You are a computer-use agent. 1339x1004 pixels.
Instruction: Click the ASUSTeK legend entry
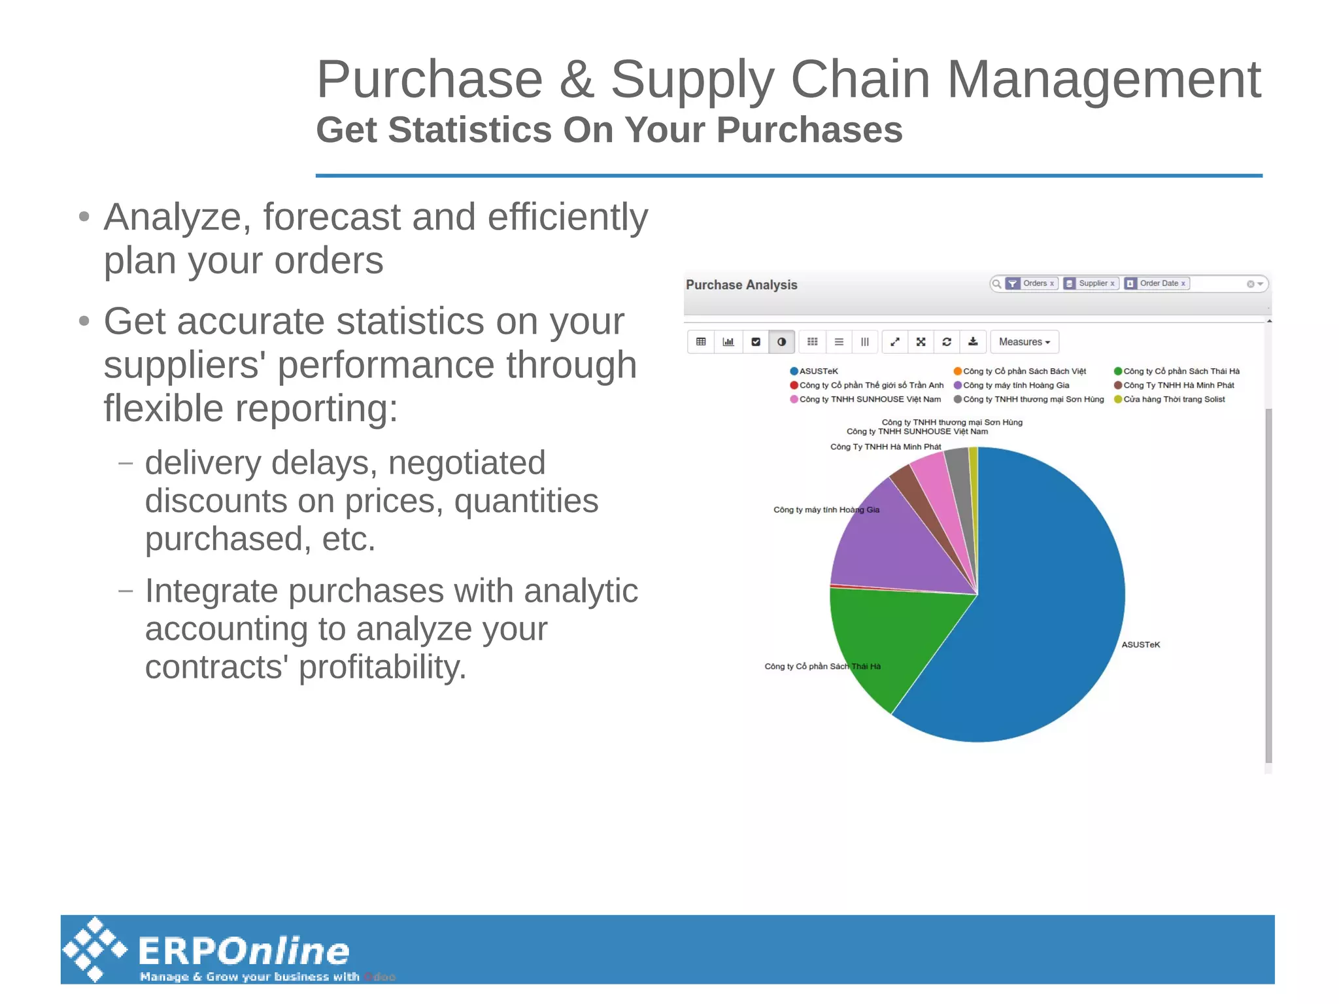[818, 371]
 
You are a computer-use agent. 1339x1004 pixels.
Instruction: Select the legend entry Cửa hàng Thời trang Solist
[1174, 399]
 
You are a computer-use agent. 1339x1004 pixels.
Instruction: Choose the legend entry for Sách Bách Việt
[1024, 371]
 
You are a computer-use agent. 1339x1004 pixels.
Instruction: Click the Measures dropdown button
[1024, 341]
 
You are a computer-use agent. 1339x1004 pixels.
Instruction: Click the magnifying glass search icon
[996, 283]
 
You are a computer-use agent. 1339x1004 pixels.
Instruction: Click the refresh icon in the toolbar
[946, 341]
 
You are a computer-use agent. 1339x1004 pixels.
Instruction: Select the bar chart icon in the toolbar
[728, 341]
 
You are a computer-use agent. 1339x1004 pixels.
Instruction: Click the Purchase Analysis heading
[741, 285]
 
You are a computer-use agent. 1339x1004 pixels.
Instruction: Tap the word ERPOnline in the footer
[243, 950]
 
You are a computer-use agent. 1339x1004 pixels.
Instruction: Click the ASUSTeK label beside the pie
[1140, 644]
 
